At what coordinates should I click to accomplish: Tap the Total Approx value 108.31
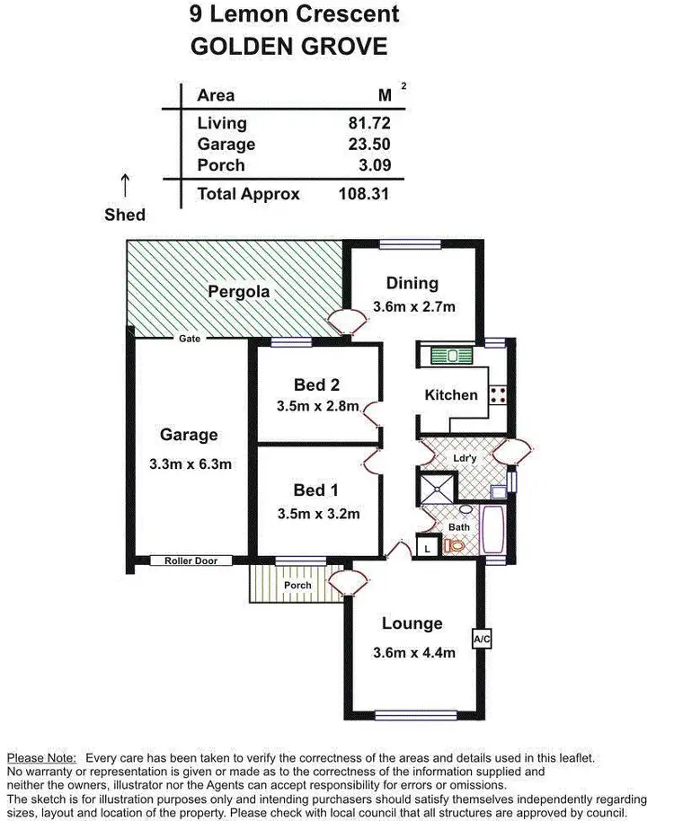click(x=363, y=193)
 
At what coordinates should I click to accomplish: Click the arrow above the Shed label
click(x=124, y=185)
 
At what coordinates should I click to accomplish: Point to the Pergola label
click(x=239, y=292)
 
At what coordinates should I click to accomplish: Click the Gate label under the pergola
click(x=189, y=339)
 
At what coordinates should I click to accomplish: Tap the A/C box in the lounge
click(x=481, y=640)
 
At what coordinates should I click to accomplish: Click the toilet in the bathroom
click(x=455, y=544)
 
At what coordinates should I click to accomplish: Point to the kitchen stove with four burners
click(x=499, y=393)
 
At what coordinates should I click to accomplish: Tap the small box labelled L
click(x=427, y=546)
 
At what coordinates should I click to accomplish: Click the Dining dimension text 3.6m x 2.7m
click(x=413, y=306)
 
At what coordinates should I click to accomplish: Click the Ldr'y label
click(x=464, y=458)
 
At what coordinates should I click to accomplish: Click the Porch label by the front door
click(x=297, y=586)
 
